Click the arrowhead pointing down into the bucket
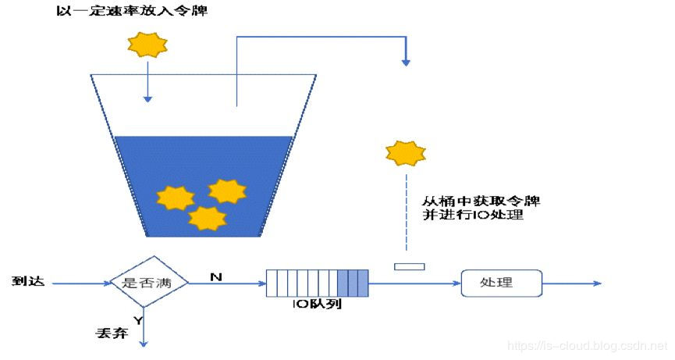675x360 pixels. (147, 98)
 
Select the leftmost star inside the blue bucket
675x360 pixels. (175, 198)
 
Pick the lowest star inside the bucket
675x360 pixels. (208, 218)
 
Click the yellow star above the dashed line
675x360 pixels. (406, 153)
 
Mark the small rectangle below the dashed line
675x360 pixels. (409, 267)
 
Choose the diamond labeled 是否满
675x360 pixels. (147, 283)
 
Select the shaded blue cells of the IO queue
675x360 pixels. (353, 283)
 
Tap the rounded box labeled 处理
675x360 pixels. (501, 283)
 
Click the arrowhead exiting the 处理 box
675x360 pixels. (596, 283)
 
